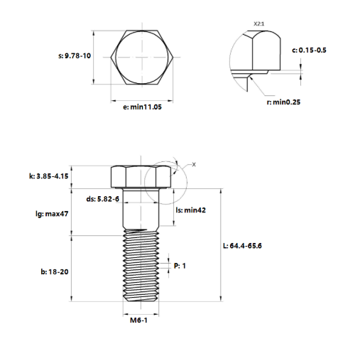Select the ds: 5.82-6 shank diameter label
point(102,200)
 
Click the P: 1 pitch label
point(180,266)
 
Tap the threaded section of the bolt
point(141,266)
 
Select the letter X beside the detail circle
point(193,164)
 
